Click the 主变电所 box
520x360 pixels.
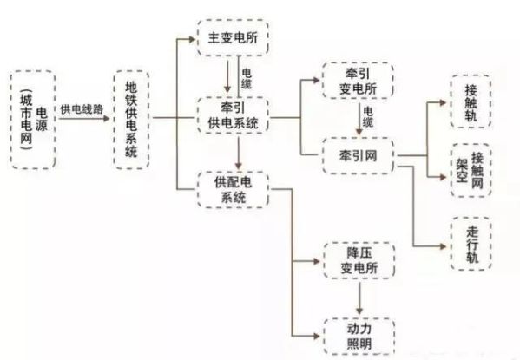pos(233,37)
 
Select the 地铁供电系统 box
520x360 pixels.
pos(131,120)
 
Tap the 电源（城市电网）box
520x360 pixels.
pos(33,120)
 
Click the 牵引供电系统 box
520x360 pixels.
pos(233,115)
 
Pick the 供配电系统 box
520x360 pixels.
pos(233,190)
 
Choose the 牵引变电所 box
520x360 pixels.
pos(359,80)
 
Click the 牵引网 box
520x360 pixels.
pos(359,155)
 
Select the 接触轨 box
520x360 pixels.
pos(471,101)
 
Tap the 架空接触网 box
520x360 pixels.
pos(471,170)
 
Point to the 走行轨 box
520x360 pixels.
pos(471,244)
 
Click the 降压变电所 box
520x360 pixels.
pos(359,260)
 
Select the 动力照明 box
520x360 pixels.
pos(359,337)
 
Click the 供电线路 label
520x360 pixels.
pos(82,109)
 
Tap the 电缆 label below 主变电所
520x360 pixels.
pos(247,79)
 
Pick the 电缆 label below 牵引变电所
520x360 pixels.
pos(368,117)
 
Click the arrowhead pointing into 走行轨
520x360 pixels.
pos(443,246)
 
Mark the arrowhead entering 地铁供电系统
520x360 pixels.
pos(107,118)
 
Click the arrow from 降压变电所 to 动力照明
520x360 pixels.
pos(359,298)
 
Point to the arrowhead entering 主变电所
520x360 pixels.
pos(192,39)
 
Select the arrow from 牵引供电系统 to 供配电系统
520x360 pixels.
pos(239,153)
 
